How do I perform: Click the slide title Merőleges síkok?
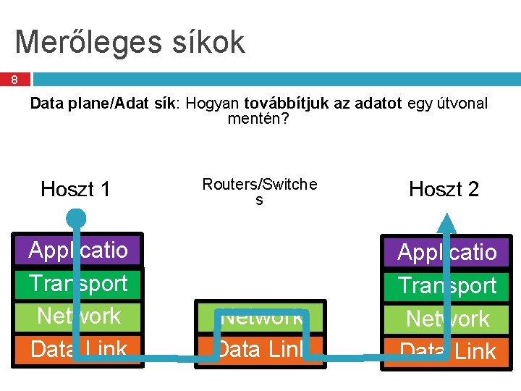[130, 42]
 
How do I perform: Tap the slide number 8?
[14, 80]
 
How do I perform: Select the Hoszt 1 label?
[76, 190]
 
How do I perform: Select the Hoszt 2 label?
[444, 190]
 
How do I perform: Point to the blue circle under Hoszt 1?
[75, 217]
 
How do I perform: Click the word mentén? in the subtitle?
[258, 119]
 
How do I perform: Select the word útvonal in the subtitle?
[462, 104]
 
